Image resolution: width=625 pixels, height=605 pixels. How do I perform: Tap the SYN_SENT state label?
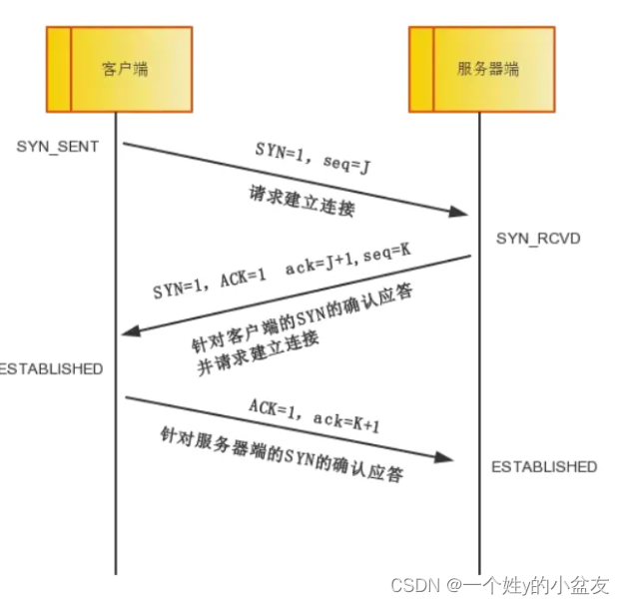[58, 146]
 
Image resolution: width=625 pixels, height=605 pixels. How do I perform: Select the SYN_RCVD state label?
[538, 239]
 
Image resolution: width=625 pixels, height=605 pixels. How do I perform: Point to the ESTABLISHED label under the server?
[544, 466]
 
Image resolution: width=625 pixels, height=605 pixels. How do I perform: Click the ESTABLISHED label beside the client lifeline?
[51, 368]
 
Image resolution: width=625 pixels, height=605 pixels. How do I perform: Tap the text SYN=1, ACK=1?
[209, 287]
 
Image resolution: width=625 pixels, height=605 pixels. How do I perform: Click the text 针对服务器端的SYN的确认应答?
[282, 453]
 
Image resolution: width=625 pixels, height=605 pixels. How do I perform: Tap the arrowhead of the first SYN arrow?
[460, 212]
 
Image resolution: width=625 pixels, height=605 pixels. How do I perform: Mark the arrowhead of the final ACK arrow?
[445, 458]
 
